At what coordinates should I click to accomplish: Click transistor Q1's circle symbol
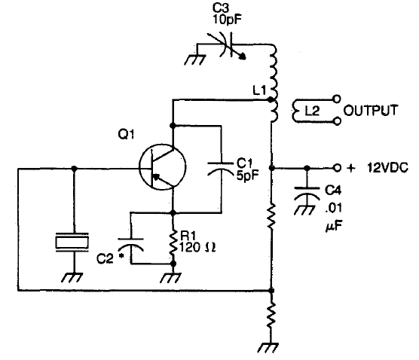[x=139, y=167]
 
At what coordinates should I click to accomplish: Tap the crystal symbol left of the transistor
[x=72, y=242]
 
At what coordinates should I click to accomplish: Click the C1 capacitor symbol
[x=221, y=168]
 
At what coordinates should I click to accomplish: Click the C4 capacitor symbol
[x=307, y=194]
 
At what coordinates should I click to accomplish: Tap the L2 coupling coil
[x=297, y=111]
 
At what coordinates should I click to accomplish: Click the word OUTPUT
[x=371, y=111]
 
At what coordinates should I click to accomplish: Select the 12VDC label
[x=387, y=168]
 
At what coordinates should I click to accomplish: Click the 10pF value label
[x=227, y=20]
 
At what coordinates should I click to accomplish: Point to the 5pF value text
[x=248, y=175]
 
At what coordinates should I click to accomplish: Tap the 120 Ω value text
[x=197, y=247]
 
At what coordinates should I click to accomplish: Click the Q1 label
[x=126, y=134]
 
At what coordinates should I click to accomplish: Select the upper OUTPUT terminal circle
[x=337, y=99]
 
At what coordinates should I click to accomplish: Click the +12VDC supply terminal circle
[x=337, y=168]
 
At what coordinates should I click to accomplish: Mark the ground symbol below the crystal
[x=72, y=277]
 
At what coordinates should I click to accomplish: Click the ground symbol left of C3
[x=194, y=59]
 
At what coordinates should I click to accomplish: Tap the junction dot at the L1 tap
[x=271, y=100]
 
